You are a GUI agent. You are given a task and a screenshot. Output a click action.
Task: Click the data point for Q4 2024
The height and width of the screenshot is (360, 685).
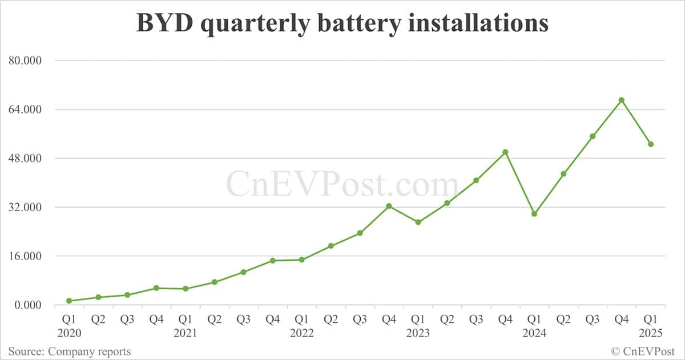coord(622,100)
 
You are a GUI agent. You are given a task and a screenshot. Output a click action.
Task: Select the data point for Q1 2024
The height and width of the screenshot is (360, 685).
coord(534,214)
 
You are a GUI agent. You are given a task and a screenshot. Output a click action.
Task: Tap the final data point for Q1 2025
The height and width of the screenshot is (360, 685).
coord(651,144)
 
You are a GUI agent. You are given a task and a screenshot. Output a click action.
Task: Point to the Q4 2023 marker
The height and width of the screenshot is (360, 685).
coord(505,152)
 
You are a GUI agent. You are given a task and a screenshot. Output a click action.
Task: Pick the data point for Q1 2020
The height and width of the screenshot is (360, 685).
coord(69,301)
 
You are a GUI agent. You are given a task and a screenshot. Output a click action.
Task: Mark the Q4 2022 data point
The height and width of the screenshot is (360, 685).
coord(389,206)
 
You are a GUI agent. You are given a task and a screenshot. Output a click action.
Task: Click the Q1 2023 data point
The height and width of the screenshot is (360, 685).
coord(418,222)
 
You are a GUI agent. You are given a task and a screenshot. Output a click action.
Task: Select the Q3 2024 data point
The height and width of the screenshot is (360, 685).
coord(593,136)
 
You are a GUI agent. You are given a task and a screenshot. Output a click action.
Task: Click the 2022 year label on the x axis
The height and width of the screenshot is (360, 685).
coord(301,333)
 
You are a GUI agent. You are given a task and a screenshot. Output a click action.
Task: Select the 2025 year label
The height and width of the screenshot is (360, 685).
coord(651,333)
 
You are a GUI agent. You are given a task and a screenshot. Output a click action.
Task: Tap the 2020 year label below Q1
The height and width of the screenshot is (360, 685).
coord(69,333)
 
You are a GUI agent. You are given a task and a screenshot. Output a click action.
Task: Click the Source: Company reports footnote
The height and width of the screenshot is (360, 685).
coord(70,351)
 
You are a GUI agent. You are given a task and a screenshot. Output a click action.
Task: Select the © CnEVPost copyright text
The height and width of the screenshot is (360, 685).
coord(643,351)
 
